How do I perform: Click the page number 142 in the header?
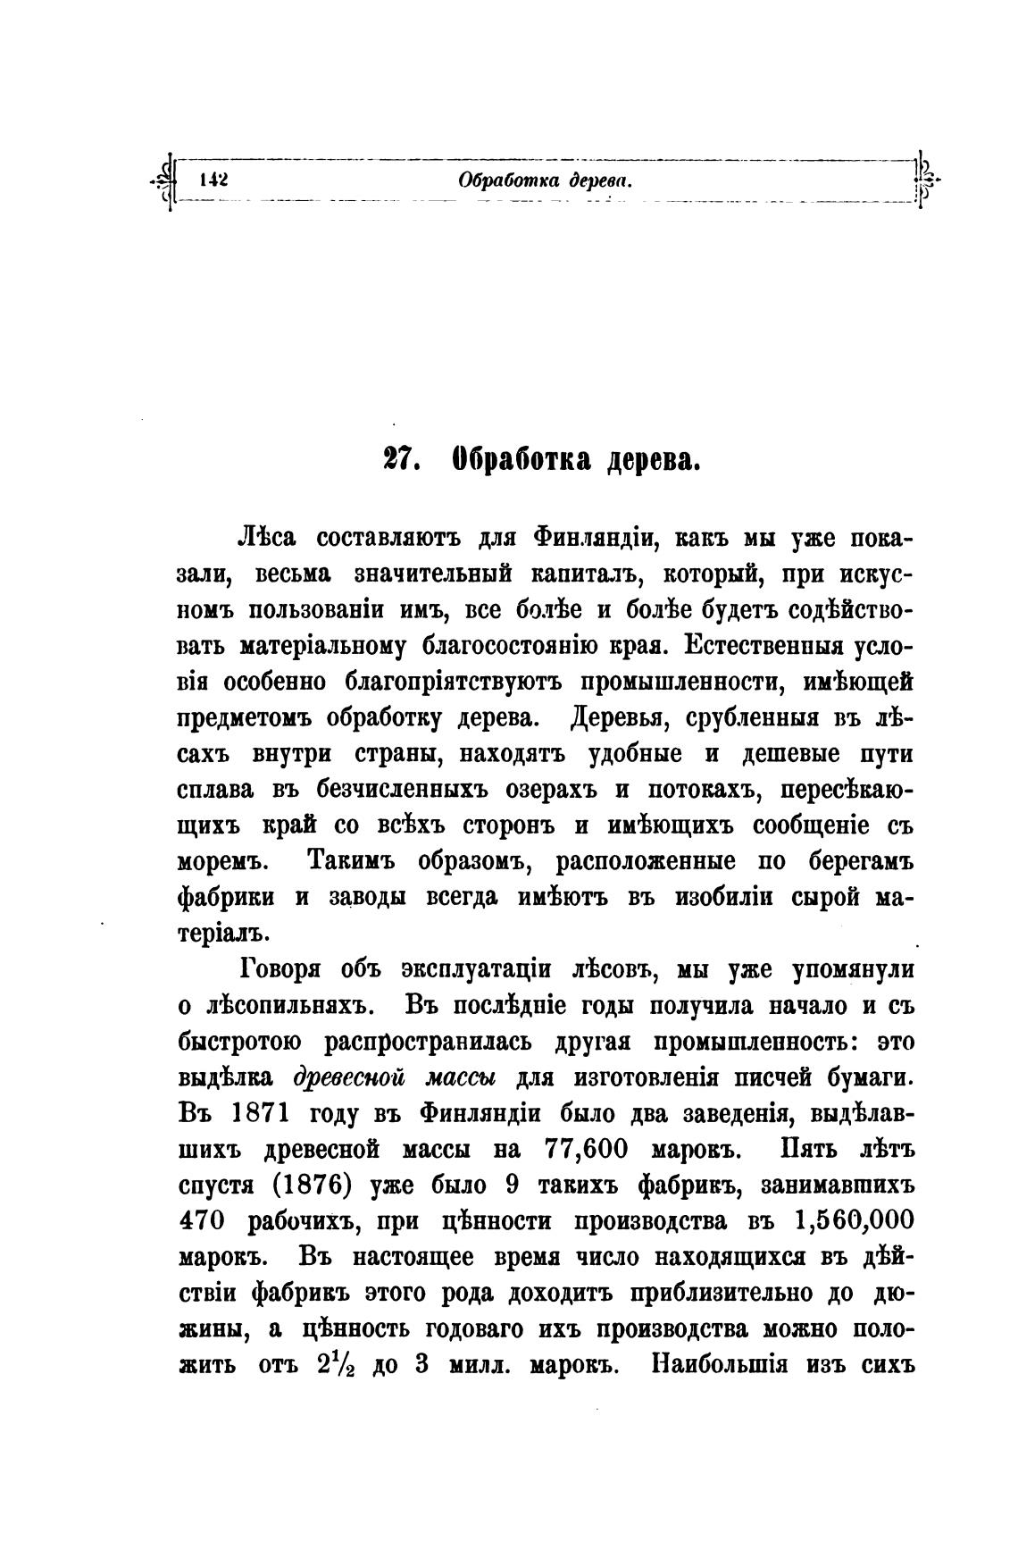[215, 179]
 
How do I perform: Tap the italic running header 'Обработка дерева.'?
[545, 180]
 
